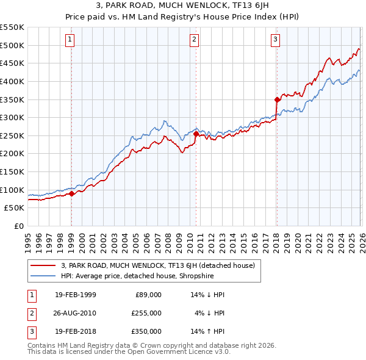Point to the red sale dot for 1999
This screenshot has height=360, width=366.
click(x=71, y=193)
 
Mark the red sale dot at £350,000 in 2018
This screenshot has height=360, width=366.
click(x=276, y=99)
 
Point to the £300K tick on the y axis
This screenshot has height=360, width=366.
click(x=12, y=117)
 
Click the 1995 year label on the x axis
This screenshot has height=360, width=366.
click(x=28, y=239)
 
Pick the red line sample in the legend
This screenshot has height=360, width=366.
click(x=43, y=265)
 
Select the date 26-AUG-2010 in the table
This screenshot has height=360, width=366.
click(x=75, y=313)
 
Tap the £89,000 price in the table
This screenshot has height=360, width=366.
click(x=148, y=295)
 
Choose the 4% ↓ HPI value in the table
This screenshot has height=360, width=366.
click(x=210, y=313)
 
